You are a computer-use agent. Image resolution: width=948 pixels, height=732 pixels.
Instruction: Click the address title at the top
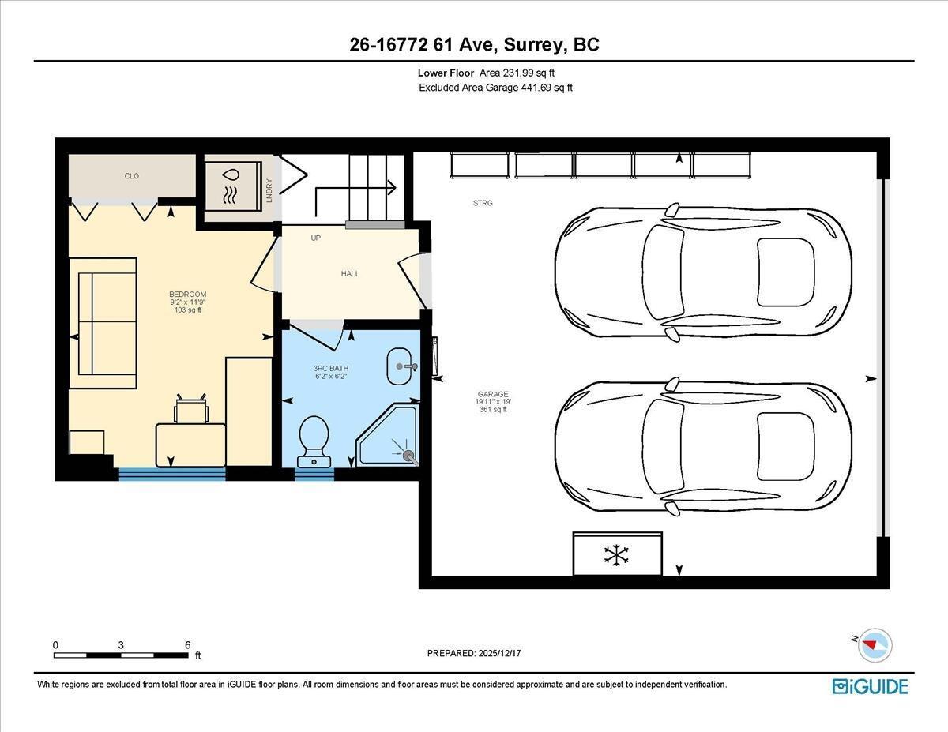(474, 45)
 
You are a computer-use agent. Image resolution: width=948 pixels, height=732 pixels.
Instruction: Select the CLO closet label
(132, 175)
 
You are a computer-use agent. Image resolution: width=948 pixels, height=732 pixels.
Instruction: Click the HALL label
(350, 273)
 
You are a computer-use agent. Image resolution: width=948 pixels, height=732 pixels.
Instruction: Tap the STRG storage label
(483, 203)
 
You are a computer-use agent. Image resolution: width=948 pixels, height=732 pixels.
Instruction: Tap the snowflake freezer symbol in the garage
(616, 554)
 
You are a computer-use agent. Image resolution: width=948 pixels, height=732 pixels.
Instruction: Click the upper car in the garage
(703, 271)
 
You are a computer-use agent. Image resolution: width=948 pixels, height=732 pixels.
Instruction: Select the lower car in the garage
(703, 445)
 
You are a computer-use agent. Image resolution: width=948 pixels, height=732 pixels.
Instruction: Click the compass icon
(874, 644)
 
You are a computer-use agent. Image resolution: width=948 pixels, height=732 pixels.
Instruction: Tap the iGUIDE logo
(870, 686)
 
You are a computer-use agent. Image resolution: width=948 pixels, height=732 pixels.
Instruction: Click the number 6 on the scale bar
(187, 644)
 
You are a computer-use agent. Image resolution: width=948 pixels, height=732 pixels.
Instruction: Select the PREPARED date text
(475, 653)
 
